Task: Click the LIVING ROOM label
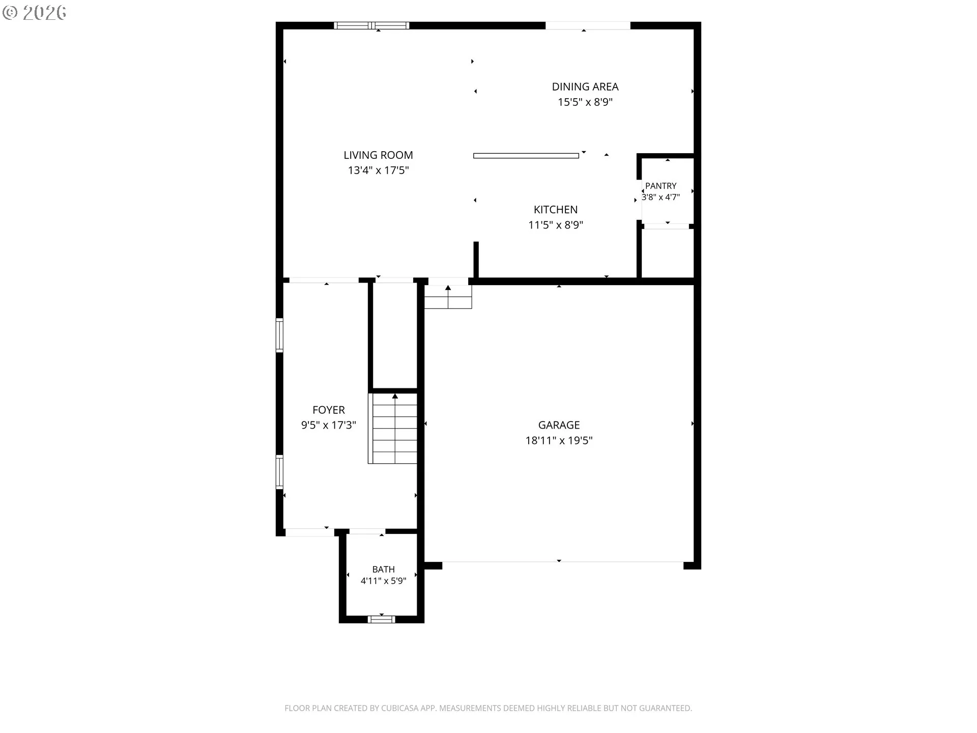click(x=378, y=155)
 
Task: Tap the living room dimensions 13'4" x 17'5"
click(x=378, y=171)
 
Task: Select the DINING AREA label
click(x=585, y=87)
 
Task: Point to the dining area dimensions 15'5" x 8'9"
click(x=585, y=102)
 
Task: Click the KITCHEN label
click(x=556, y=210)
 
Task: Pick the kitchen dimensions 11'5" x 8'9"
click(x=556, y=225)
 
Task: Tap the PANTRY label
click(x=661, y=186)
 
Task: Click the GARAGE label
click(x=559, y=425)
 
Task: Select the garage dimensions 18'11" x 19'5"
click(x=559, y=441)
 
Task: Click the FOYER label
click(x=329, y=410)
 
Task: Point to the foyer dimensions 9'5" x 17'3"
click(x=329, y=426)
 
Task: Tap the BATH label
click(x=383, y=570)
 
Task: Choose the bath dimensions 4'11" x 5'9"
click(x=383, y=581)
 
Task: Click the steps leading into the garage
click(x=448, y=297)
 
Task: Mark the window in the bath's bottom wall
click(x=381, y=619)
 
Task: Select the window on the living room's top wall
click(x=371, y=25)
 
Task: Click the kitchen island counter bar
click(x=526, y=156)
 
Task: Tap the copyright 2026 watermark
click(x=35, y=13)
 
